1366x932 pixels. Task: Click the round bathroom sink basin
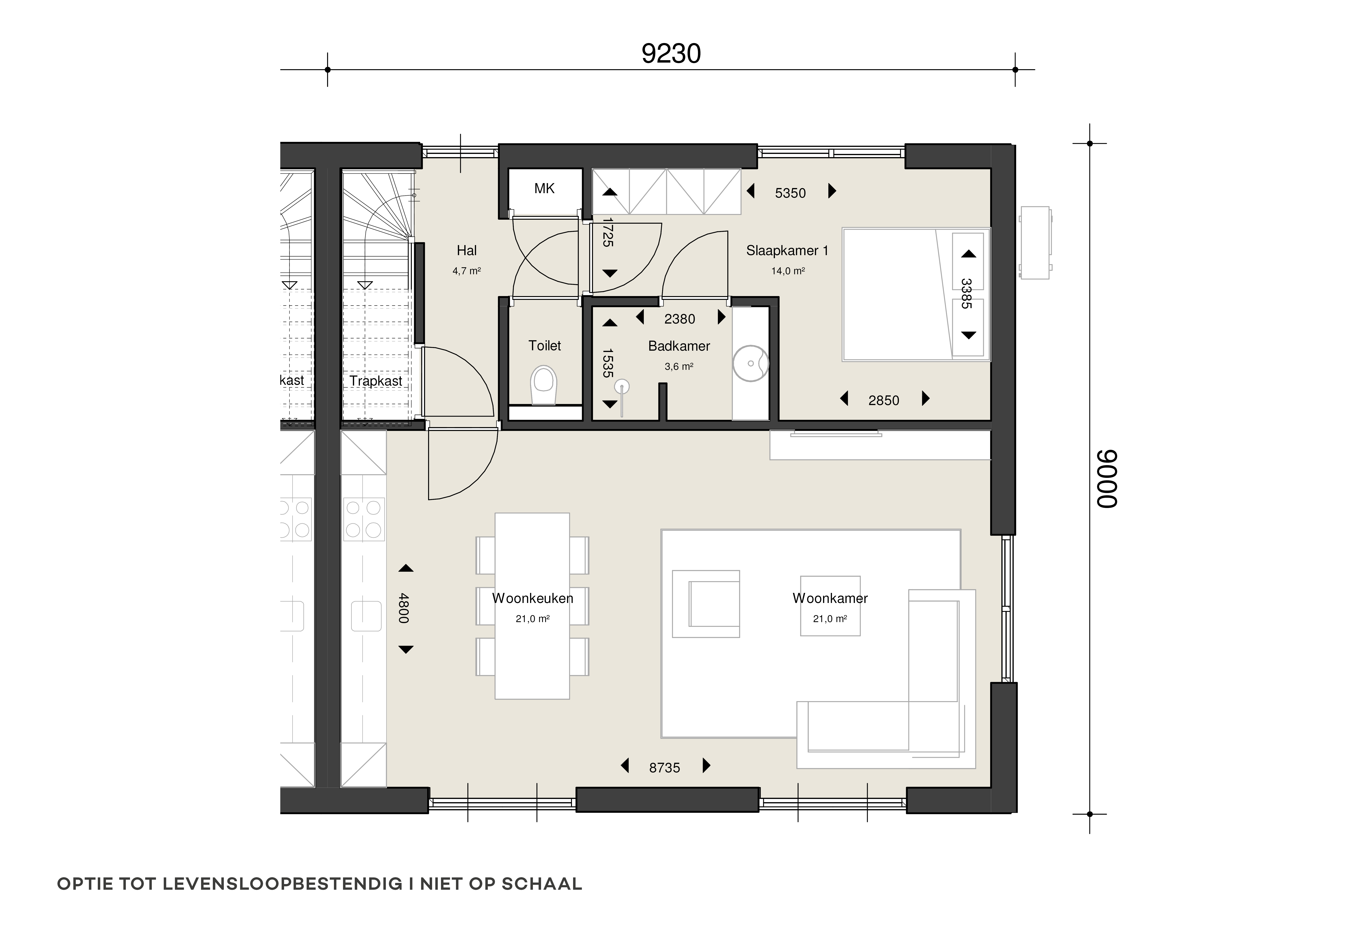(751, 363)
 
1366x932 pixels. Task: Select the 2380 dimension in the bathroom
(679, 319)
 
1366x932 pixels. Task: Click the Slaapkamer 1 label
(787, 251)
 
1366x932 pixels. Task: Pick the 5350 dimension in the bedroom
(790, 193)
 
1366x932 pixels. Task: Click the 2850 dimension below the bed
(884, 401)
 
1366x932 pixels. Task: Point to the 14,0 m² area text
(788, 271)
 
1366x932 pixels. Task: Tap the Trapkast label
(376, 381)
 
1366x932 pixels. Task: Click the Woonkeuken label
(533, 598)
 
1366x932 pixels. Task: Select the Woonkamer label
(830, 598)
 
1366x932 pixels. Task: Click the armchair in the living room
(706, 604)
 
